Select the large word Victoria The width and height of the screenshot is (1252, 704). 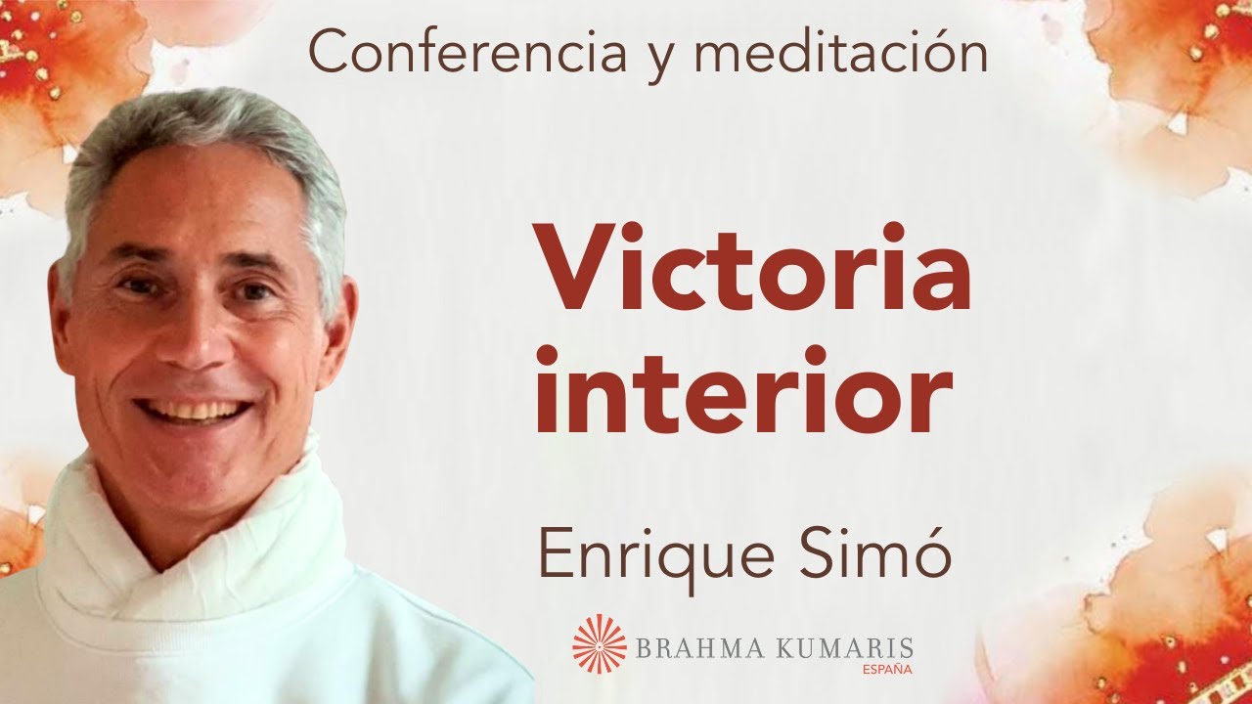752,269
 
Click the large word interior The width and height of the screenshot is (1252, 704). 742,390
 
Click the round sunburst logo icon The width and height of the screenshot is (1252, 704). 600,643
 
